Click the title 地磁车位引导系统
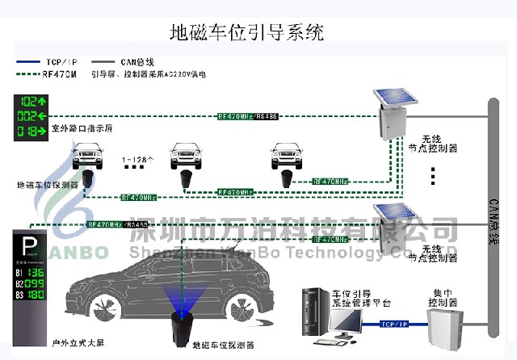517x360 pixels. pyautogui.click(x=247, y=33)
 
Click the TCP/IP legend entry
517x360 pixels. pyautogui.click(x=61, y=62)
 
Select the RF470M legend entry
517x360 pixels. pyautogui.click(x=60, y=73)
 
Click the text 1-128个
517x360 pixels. pyautogui.click(x=138, y=160)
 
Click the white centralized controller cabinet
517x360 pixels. pyautogui.click(x=446, y=327)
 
